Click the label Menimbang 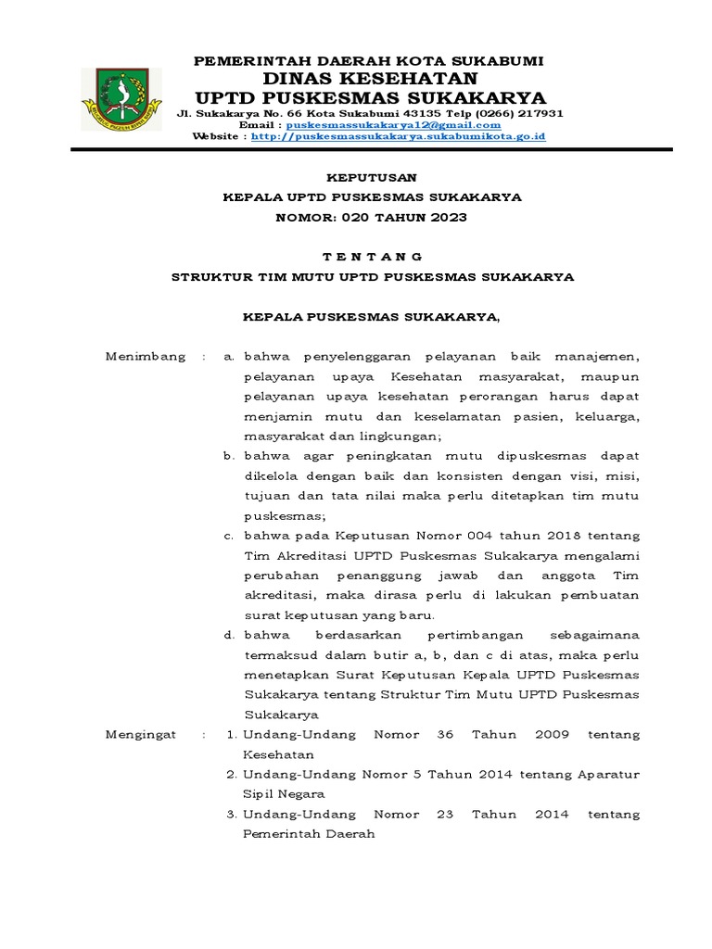click(145, 356)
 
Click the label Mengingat click(141, 734)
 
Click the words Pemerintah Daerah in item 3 click(309, 834)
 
